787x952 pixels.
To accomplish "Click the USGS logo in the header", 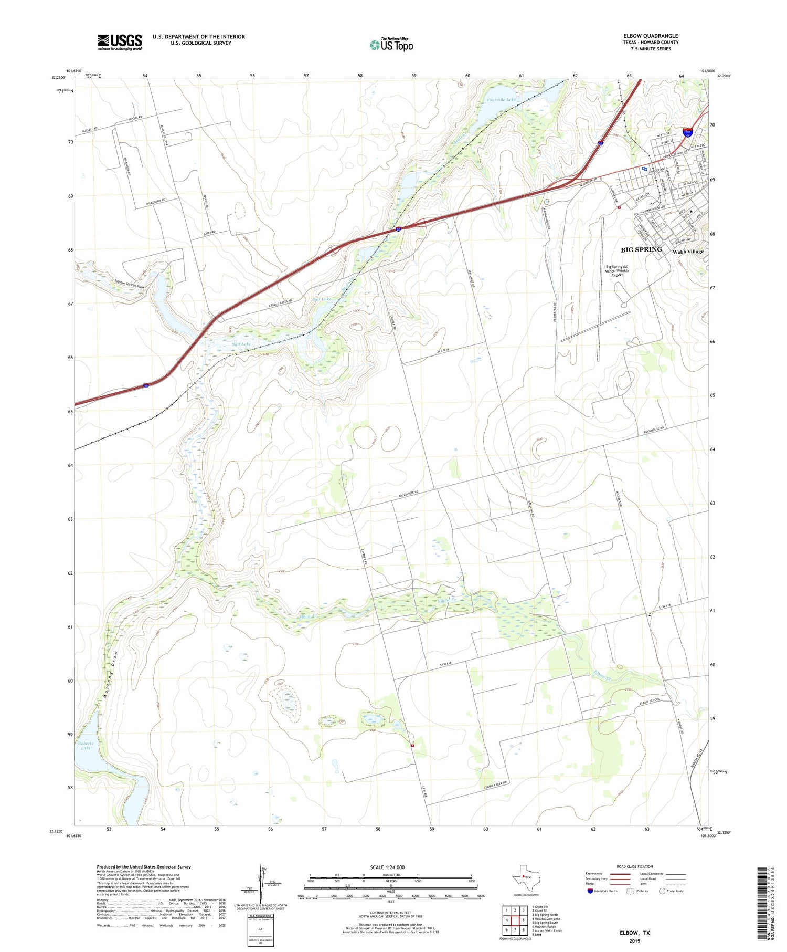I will tap(120, 42).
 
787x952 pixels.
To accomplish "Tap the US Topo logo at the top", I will tap(391, 45).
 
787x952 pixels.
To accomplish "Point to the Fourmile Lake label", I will tap(501, 99).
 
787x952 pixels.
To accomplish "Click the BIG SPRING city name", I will tap(641, 249).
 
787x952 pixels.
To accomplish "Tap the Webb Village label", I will tap(688, 252).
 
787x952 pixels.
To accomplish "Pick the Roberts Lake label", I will tap(86, 746).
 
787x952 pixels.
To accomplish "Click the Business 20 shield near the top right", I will tap(687, 133).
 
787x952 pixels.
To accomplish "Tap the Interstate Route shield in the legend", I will tap(590, 891).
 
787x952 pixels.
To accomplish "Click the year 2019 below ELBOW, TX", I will tap(634, 940).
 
